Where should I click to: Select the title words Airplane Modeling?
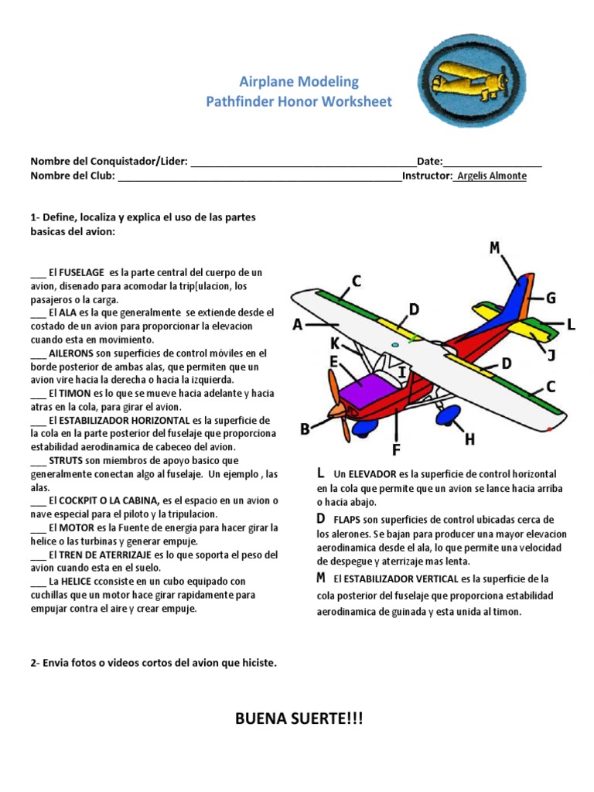pos(299,82)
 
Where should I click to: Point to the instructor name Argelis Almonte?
pos(492,176)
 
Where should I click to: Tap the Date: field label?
pos(429,161)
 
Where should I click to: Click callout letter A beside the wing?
pos(298,326)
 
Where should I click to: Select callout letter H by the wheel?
pos(469,439)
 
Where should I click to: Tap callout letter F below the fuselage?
pos(396,449)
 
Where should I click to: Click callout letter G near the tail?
pos(551,298)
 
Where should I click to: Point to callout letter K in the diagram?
pos(335,343)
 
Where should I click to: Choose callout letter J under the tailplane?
pos(551,355)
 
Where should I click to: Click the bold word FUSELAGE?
pos(83,272)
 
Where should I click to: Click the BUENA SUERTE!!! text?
pos(299,720)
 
